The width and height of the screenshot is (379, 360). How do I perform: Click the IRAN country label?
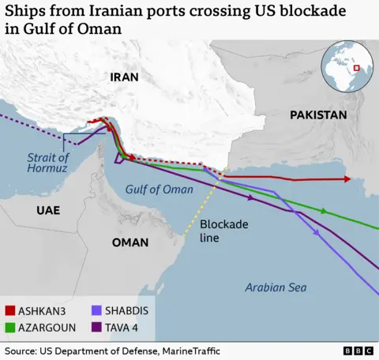pos(124,77)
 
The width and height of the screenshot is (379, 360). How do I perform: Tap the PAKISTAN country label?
pos(317,115)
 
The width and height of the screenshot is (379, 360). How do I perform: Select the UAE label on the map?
pos(47,210)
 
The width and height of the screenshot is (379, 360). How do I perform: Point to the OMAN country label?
pos(130,242)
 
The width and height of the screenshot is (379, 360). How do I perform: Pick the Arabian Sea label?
pos(276,287)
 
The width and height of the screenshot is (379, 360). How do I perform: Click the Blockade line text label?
pos(223,231)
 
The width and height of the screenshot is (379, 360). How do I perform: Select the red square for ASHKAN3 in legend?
pos(10,310)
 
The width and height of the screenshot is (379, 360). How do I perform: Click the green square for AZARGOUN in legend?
pos(10,326)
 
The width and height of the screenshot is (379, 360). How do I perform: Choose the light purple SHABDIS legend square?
pos(97,310)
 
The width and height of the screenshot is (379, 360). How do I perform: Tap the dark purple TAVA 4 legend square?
pos(97,326)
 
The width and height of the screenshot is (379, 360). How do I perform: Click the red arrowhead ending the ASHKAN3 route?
pos(347,179)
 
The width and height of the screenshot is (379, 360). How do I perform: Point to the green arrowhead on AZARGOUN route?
pos(323,211)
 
